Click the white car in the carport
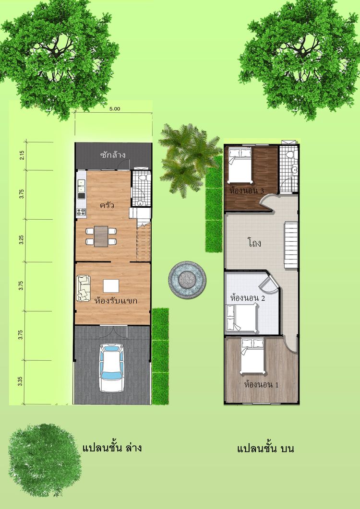pos(111,368)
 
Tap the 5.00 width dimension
pos(115,109)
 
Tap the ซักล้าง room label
pos(114,155)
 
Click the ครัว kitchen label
pos(106,205)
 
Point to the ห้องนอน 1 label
pos(262,385)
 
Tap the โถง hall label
pos(254,243)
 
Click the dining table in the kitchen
pos(101,236)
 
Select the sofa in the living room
pos(84,288)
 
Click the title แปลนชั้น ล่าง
pos(112,449)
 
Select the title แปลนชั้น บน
pos(265,449)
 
